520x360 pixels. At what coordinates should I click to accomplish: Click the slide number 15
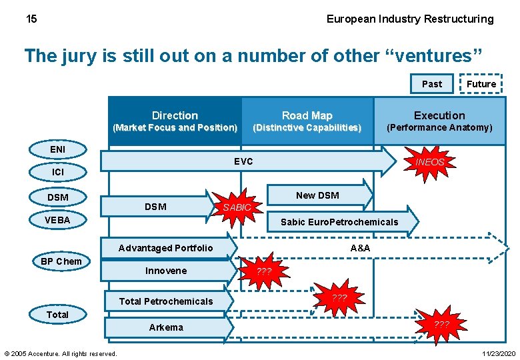[x=31, y=19]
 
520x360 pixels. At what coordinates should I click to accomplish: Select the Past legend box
[x=431, y=83]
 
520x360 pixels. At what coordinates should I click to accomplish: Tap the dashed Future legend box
[x=481, y=83]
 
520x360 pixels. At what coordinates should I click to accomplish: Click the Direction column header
[x=175, y=120]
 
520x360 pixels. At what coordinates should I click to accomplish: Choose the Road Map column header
[x=307, y=120]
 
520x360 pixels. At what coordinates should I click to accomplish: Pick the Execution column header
[x=439, y=120]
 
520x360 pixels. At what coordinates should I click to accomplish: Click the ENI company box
[x=58, y=149]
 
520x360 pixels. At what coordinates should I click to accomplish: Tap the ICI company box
[x=58, y=172]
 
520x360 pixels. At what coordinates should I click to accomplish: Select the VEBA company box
[x=58, y=219]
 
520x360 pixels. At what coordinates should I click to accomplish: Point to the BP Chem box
[x=61, y=261]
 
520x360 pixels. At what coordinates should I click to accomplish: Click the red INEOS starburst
[x=429, y=162]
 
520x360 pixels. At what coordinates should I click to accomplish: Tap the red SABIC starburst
[x=237, y=207]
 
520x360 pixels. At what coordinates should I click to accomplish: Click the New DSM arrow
[x=317, y=195]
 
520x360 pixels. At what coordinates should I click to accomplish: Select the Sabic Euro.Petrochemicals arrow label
[x=339, y=222]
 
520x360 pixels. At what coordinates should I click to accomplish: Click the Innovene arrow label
[x=166, y=271]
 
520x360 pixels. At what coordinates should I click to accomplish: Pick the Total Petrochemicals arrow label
[x=165, y=301]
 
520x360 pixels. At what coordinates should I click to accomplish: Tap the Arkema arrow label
[x=166, y=327]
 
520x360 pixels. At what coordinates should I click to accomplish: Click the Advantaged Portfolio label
[x=165, y=248]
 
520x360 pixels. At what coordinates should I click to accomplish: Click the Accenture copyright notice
[x=61, y=353]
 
